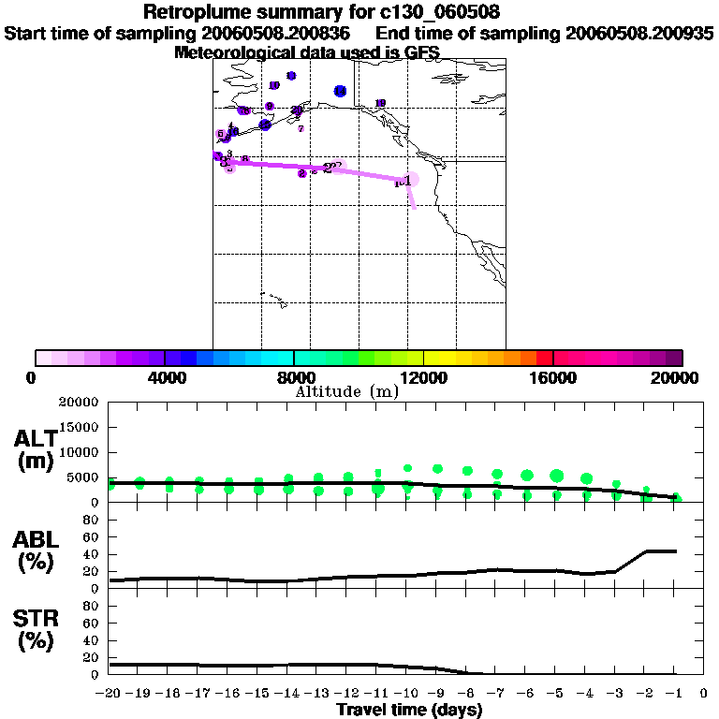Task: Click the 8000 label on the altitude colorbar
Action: coord(294,377)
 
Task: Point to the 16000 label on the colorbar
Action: coord(553,377)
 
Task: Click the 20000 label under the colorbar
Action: coord(682,377)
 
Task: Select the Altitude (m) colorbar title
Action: coord(346,391)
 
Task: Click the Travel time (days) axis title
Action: coord(409,711)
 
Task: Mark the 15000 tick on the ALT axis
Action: coord(80,428)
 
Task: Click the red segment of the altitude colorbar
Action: coord(544,358)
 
